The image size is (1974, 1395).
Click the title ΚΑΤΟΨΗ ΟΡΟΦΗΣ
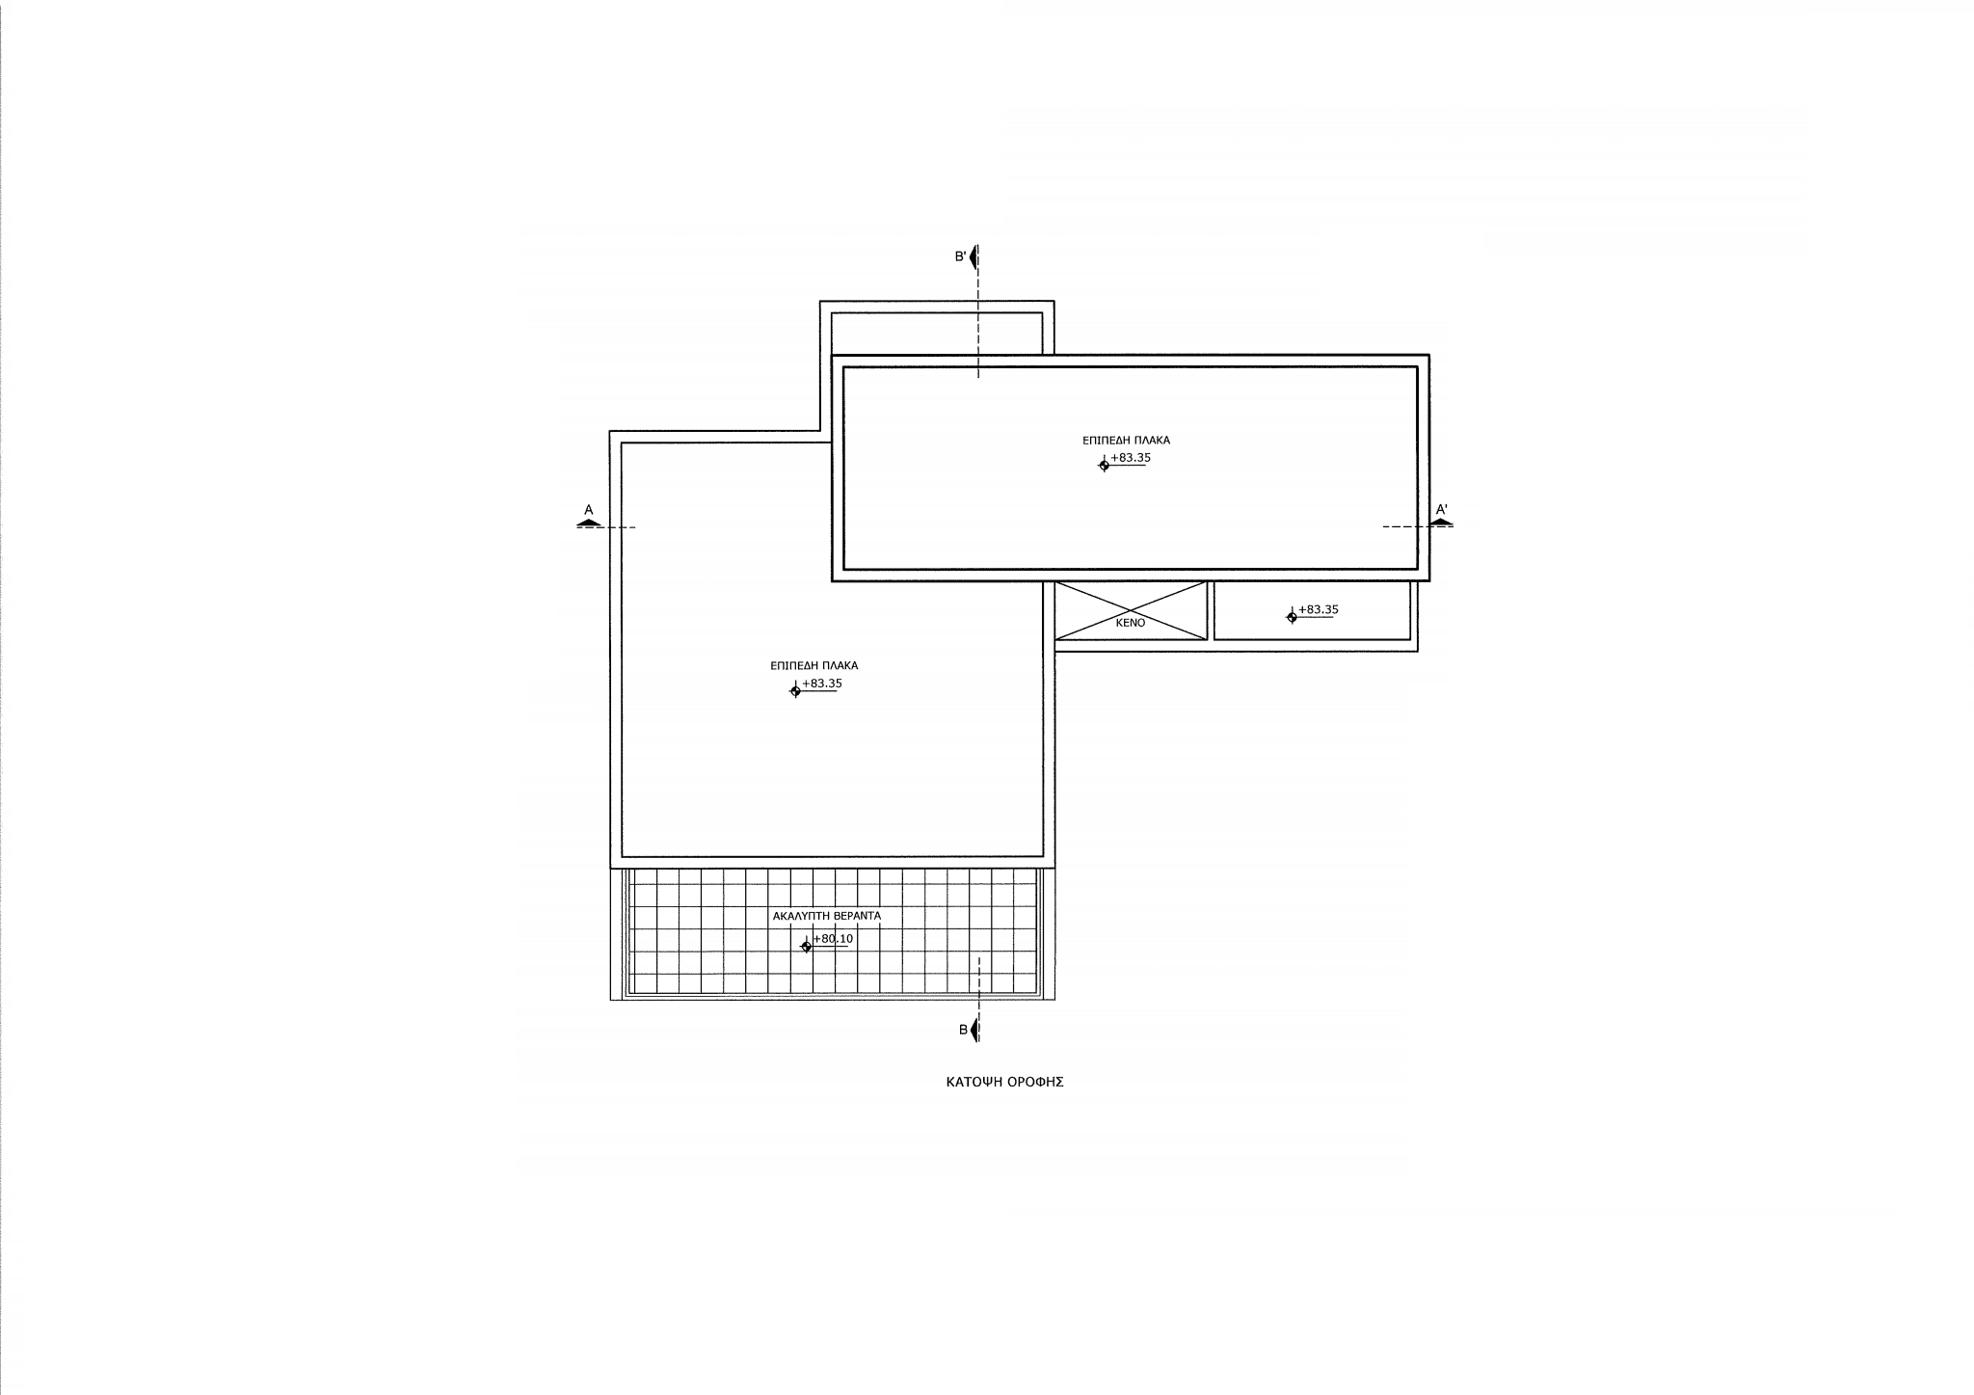tap(1004, 1082)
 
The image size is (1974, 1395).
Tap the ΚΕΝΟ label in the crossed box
tap(1131, 623)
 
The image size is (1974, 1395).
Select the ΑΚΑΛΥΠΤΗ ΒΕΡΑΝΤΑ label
tap(827, 916)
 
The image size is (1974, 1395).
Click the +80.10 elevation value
tap(834, 938)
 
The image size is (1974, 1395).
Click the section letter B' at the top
tap(960, 256)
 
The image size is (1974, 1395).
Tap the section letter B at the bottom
tap(963, 1030)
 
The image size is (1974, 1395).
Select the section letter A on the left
tap(588, 509)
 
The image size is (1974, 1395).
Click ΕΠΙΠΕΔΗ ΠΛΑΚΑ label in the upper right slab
tap(1126, 440)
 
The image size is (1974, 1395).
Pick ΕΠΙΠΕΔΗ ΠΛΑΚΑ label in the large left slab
tap(814, 665)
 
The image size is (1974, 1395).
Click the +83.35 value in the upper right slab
tap(1131, 458)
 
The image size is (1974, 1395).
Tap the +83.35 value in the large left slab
tap(822, 684)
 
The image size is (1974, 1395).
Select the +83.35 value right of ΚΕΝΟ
tap(1319, 609)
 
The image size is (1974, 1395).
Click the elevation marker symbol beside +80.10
tap(807, 947)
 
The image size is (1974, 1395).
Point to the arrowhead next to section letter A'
tap(1442, 522)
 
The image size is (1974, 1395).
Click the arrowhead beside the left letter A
tap(588, 522)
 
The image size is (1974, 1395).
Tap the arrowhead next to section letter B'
tap(974, 257)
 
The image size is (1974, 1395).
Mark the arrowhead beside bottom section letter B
tap(974, 1031)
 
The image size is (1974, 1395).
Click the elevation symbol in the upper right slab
tap(1104, 466)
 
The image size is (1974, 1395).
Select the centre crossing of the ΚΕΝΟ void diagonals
tap(1131, 610)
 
